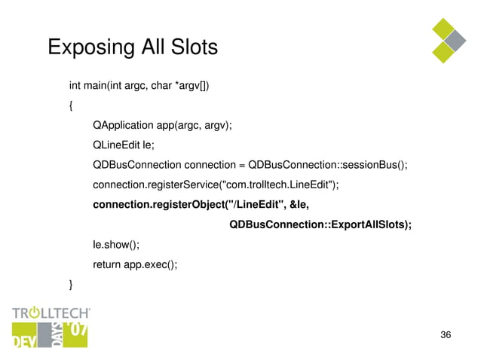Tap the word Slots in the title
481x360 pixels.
[191, 47]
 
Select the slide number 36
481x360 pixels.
[445, 334]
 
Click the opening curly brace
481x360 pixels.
[72, 105]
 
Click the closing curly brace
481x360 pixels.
[72, 284]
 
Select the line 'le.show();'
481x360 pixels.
[116, 244]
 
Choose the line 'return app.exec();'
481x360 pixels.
[135, 264]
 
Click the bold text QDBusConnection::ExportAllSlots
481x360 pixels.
[320, 224]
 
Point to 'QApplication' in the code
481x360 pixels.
[124, 126]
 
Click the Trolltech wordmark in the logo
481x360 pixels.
[51, 313]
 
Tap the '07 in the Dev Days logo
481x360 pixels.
[75, 330]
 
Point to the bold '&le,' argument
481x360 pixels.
[300, 205]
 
